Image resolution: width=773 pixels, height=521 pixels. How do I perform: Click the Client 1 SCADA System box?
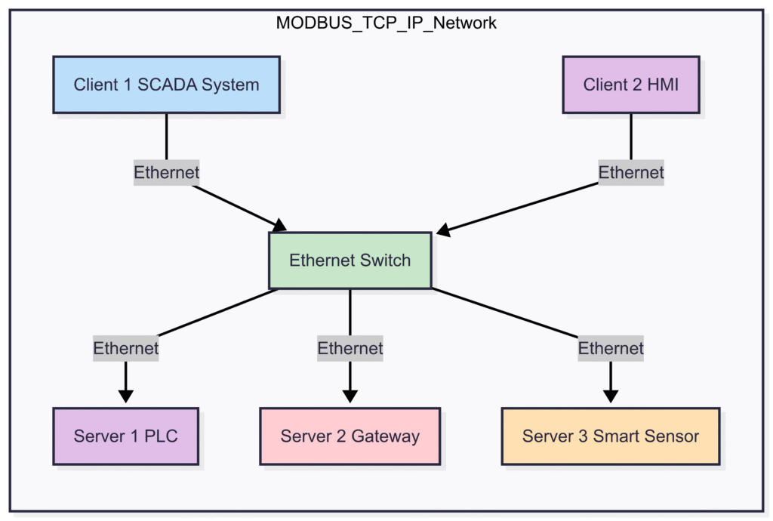click(x=166, y=84)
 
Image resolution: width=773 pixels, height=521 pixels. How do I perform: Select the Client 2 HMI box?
click(x=630, y=84)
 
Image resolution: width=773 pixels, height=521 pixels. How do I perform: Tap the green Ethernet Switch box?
click(x=350, y=260)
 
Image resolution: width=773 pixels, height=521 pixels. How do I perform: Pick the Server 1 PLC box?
click(x=126, y=436)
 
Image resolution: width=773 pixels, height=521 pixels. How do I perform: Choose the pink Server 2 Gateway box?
click(x=350, y=436)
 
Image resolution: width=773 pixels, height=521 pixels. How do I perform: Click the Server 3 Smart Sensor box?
click(x=610, y=436)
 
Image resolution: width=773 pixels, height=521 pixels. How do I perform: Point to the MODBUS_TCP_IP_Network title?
click(x=386, y=22)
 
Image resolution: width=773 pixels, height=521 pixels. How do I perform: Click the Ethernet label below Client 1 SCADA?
click(x=166, y=172)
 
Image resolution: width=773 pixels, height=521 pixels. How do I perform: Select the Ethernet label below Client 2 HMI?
click(x=630, y=172)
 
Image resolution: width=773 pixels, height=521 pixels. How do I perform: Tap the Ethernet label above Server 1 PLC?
click(x=126, y=348)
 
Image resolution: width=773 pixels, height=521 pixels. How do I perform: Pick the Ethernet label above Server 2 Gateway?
click(x=350, y=348)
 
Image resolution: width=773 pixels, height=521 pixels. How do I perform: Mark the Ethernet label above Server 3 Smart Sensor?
click(x=610, y=348)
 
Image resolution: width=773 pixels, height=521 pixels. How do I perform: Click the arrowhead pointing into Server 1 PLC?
click(x=126, y=396)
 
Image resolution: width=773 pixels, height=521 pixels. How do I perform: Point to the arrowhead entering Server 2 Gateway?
click(x=350, y=396)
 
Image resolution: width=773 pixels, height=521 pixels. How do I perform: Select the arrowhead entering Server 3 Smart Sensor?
click(x=610, y=396)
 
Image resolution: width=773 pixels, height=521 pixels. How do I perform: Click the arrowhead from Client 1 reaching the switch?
click(x=280, y=225)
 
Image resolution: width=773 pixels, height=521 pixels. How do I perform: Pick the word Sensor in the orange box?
click(x=673, y=436)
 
